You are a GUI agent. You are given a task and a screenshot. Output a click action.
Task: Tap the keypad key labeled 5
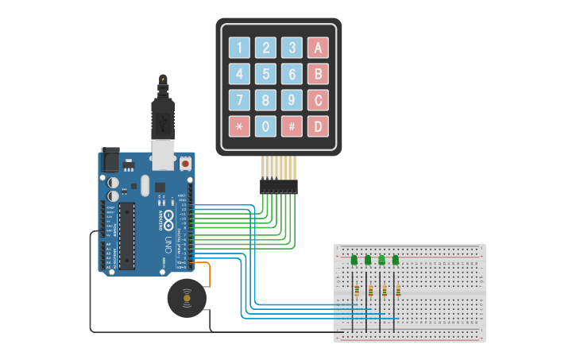coord(266,74)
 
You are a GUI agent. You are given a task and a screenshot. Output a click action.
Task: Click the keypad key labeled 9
coord(292,100)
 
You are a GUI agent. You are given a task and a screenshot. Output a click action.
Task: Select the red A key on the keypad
coord(319,48)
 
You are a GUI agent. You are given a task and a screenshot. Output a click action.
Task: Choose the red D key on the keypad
coord(319,126)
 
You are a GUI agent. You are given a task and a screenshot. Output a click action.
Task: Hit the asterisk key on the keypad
coord(240,126)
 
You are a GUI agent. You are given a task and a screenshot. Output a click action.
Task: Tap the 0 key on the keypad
coord(266,126)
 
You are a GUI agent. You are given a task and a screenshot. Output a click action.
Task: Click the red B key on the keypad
coord(319,74)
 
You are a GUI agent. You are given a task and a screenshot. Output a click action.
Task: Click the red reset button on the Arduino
coord(185,163)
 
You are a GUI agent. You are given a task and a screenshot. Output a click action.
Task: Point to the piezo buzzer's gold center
coord(187,298)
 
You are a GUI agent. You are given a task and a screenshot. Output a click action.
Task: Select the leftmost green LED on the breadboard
coord(354,259)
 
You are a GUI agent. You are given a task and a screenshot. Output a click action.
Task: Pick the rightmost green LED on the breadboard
coord(396,259)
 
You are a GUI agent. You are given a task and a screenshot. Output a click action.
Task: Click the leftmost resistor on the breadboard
coord(357,291)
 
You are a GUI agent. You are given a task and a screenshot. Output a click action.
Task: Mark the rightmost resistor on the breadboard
coord(398,291)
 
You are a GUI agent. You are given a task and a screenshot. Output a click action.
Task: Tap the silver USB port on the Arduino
coord(163,157)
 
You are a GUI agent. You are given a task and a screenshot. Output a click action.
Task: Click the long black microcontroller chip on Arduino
coord(127,234)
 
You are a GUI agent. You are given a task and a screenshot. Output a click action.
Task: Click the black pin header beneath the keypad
coord(278,186)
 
